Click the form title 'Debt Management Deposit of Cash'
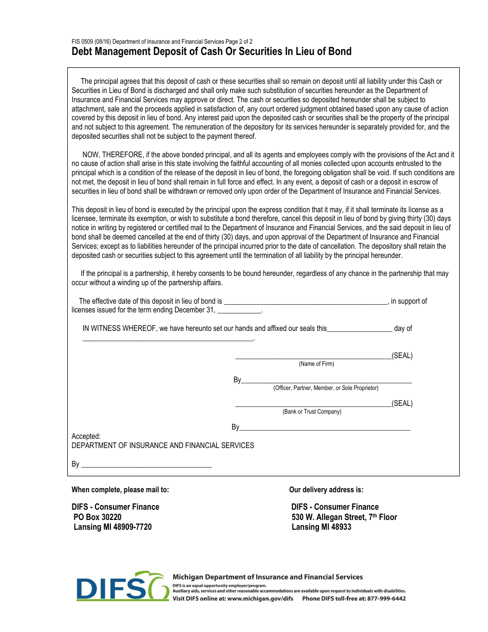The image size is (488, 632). click(x=211, y=51)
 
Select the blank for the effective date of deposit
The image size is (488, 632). click(x=306, y=302)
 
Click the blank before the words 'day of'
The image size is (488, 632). click(x=360, y=329)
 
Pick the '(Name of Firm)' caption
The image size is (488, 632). click(x=316, y=364)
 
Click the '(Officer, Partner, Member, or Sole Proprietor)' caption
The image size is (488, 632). click(x=326, y=388)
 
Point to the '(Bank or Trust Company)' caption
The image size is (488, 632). click(x=312, y=412)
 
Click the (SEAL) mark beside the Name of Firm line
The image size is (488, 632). click(x=402, y=356)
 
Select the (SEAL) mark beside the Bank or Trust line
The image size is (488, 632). click(x=402, y=403)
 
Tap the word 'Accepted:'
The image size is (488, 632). click(x=86, y=436)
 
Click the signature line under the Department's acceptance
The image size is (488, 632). click(x=146, y=465)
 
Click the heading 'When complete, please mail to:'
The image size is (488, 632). click(x=120, y=490)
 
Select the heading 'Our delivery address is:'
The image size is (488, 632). click(x=326, y=490)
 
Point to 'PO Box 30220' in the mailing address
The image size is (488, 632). click(x=98, y=517)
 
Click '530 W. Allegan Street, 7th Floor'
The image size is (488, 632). click(x=344, y=517)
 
